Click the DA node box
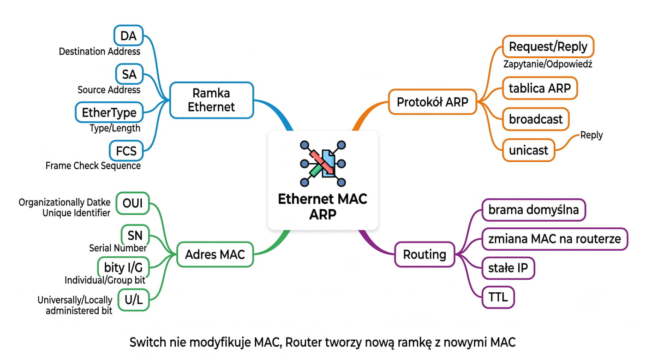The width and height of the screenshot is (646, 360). (129, 35)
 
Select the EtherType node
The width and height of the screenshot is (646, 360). (109, 112)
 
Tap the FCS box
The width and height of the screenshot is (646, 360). (126, 151)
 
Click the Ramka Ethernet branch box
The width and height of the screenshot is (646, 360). (211, 100)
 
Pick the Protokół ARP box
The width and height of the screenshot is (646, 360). (432, 102)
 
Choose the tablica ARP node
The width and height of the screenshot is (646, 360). (539, 88)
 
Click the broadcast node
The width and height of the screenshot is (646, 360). (536, 119)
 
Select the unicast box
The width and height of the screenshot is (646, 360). (528, 150)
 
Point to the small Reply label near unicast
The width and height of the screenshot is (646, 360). (591, 135)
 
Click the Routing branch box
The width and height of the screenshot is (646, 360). (425, 254)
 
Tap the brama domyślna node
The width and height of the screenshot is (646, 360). (533, 210)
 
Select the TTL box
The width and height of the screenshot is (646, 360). (498, 297)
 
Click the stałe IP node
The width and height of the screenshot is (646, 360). (508, 268)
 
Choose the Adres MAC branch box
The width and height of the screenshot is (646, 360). (215, 254)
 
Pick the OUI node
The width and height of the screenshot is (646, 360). (133, 203)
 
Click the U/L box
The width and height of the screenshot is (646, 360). (133, 300)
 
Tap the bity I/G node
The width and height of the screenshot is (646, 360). (124, 267)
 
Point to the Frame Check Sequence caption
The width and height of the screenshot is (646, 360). (93, 165)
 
